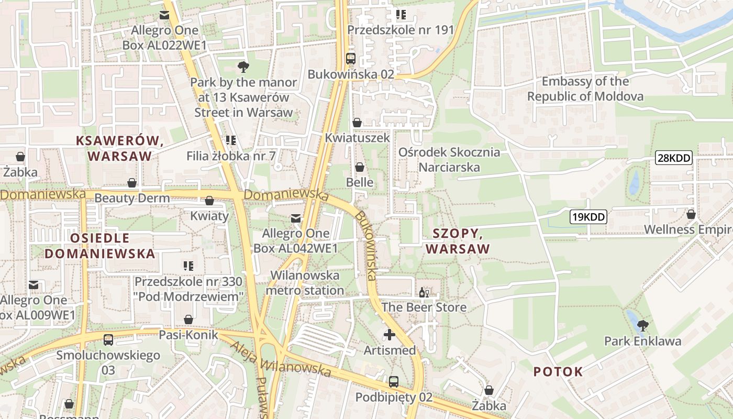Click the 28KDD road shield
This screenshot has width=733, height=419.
(674, 158)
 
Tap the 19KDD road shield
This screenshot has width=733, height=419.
(588, 216)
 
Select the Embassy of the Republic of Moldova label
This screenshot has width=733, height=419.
(585, 89)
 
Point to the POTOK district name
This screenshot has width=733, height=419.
(558, 372)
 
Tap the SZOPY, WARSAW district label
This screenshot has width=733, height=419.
(458, 241)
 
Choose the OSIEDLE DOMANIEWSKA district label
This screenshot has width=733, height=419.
(99, 246)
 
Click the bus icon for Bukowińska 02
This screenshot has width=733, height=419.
(351, 59)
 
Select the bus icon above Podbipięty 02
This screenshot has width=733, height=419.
(394, 382)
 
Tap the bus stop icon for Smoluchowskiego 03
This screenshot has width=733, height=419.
(108, 340)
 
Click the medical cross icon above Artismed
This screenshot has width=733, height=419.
(390, 334)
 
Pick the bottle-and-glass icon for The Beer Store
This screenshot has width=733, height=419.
(424, 292)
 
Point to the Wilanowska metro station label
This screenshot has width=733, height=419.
(305, 283)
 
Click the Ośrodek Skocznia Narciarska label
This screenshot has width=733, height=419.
(449, 160)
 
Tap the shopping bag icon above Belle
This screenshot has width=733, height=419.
(360, 167)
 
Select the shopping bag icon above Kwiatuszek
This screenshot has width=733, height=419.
(357, 123)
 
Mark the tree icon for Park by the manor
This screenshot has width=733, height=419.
(243, 67)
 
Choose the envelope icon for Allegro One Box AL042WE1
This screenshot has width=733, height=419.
(296, 218)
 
